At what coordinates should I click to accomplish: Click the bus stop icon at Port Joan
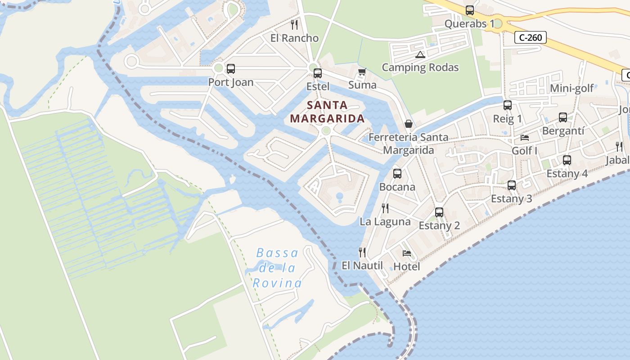click(x=231, y=69)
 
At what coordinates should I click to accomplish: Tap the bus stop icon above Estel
click(x=318, y=73)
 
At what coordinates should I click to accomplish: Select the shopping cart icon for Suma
click(x=362, y=72)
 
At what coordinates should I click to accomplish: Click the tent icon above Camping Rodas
click(x=420, y=55)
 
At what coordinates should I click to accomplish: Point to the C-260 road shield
click(x=531, y=38)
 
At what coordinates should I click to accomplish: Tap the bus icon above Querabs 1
click(x=470, y=10)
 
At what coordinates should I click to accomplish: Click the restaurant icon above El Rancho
click(x=294, y=24)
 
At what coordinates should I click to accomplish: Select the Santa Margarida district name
click(x=327, y=112)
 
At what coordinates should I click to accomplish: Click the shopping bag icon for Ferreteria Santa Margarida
click(x=409, y=124)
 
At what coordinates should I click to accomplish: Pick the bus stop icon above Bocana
click(x=397, y=174)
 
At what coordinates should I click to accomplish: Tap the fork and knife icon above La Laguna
click(x=385, y=208)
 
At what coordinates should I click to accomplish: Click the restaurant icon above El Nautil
click(x=362, y=252)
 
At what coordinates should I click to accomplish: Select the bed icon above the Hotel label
click(x=407, y=253)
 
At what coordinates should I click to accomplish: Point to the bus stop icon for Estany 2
click(x=439, y=212)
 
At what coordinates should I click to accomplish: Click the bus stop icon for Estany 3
click(x=512, y=185)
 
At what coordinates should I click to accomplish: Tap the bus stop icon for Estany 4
click(x=567, y=160)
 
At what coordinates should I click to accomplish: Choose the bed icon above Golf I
click(x=525, y=137)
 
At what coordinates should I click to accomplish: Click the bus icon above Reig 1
click(x=508, y=105)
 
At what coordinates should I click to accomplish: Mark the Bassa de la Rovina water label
click(x=277, y=268)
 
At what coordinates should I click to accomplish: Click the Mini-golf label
click(x=572, y=88)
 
